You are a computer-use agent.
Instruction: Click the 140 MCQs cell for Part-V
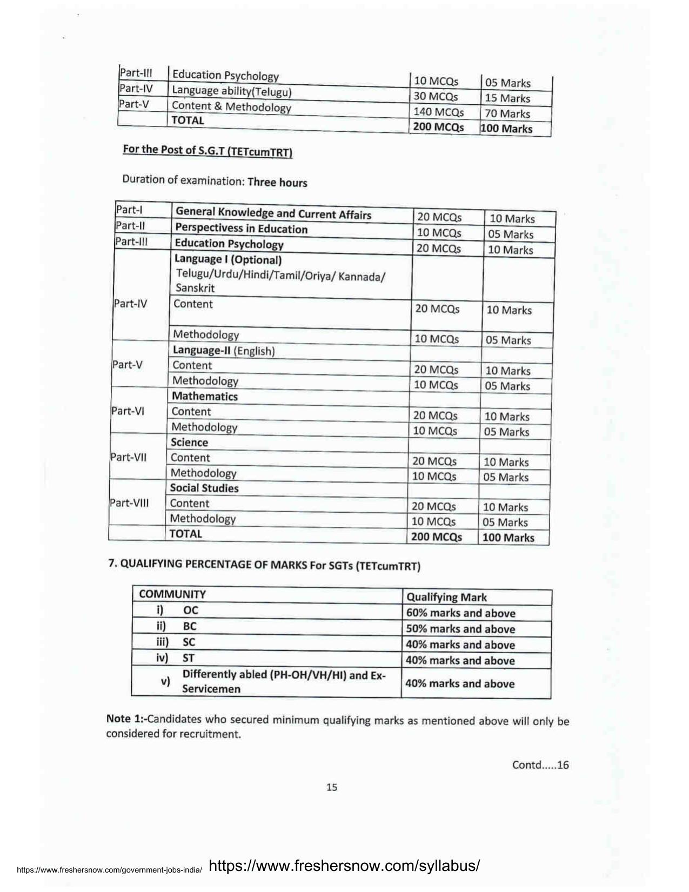click(438, 112)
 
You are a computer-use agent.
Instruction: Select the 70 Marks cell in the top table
click(507, 113)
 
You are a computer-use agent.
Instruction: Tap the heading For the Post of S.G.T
click(208, 151)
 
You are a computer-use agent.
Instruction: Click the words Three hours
click(277, 182)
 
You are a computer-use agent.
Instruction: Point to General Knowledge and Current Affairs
click(273, 214)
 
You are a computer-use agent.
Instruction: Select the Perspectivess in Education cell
click(241, 229)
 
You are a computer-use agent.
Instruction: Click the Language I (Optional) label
click(228, 260)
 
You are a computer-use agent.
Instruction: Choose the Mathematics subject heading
click(204, 396)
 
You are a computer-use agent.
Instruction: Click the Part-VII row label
click(129, 457)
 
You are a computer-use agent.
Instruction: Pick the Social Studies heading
click(204, 488)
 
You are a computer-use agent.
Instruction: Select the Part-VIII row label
click(129, 502)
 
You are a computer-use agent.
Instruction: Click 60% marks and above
click(460, 613)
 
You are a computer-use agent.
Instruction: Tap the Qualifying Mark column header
click(446, 597)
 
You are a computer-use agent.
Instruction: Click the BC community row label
click(190, 626)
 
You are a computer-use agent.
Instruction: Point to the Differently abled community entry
click(284, 681)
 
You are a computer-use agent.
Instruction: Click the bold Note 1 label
click(125, 719)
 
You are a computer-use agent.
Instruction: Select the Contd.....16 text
click(540, 765)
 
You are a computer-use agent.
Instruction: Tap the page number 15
click(332, 787)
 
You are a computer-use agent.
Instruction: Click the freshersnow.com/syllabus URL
click(344, 866)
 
